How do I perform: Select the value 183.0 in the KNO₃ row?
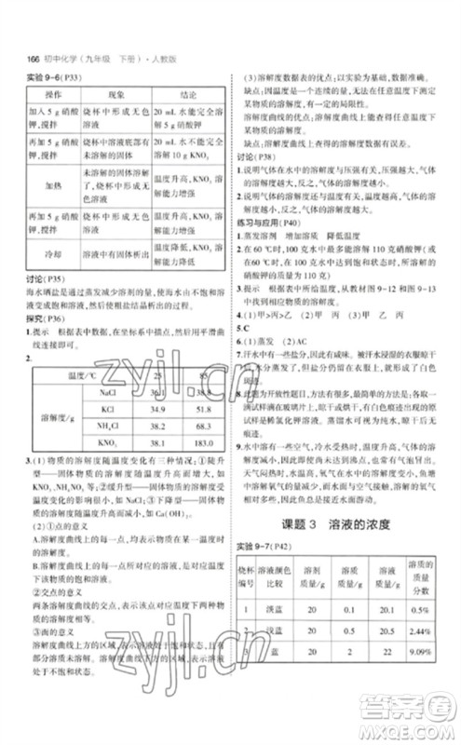coord(195,441)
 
